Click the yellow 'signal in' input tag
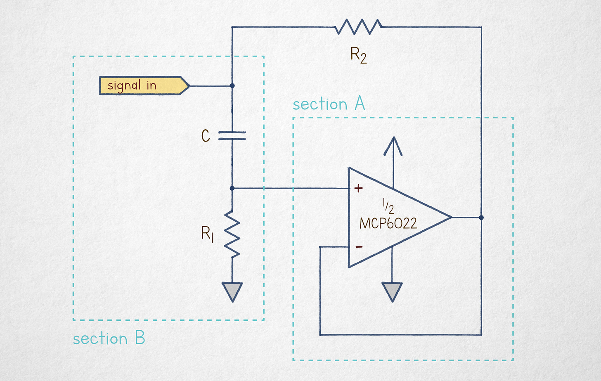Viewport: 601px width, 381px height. [144, 85]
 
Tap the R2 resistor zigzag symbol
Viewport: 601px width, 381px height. [358, 27]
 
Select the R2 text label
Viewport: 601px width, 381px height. [358, 55]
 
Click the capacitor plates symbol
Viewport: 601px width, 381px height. [232, 135]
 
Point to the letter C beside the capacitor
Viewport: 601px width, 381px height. [206, 135]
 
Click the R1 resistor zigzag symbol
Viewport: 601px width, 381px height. [232, 234]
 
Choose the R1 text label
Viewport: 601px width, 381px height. [207, 234]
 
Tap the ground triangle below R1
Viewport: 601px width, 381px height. [232, 292]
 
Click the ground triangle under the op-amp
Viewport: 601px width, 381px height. [392, 292]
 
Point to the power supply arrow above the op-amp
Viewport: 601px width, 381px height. [393, 162]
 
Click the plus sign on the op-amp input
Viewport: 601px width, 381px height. [358, 188]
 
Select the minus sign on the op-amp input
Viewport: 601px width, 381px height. [359, 246]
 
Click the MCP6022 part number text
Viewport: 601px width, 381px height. [388, 223]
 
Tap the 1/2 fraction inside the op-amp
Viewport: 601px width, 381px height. [388, 206]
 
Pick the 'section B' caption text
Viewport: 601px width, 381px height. [109, 338]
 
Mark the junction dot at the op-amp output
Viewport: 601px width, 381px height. [481, 218]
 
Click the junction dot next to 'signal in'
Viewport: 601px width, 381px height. [232, 85]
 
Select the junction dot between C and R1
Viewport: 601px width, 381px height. [232, 188]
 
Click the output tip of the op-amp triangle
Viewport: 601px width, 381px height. [452, 217]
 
